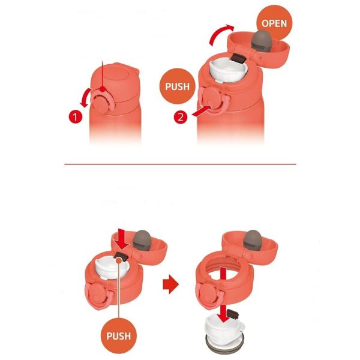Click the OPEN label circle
(274, 23)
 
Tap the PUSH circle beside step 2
(177, 86)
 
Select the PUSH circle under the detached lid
(119, 336)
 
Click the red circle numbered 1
(76, 117)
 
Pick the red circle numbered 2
(181, 117)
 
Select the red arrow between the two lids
(170, 284)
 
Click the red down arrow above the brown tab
(121, 241)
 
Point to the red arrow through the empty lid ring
(223, 295)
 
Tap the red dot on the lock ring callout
(103, 89)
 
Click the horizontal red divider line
(180, 164)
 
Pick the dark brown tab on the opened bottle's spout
(239, 59)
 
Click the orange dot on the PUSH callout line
(119, 260)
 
